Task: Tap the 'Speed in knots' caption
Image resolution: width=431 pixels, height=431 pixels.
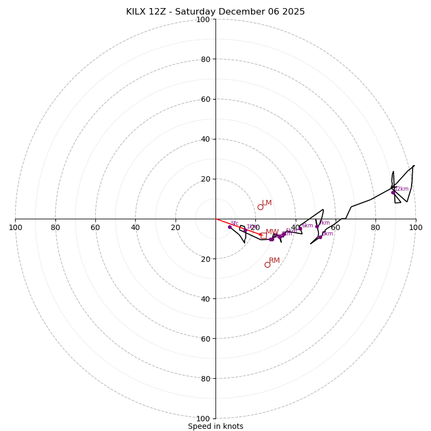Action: coord(215,426)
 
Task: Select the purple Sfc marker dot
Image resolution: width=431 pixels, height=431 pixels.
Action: coord(230,227)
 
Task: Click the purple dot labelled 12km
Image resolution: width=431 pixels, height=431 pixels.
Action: coord(393,192)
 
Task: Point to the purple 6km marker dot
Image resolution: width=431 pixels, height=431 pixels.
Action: coord(300,228)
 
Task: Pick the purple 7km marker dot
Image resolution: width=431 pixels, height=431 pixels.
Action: coord(317,226)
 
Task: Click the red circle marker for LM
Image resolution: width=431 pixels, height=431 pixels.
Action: coord(260,207)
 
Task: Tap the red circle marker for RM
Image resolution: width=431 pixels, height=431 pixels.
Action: coord(267,265)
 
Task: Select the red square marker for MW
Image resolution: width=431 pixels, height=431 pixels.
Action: coord(263,235)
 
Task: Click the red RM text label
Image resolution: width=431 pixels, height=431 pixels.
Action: coord(274,261)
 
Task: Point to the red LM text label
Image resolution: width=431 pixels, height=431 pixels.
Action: coord(267,203)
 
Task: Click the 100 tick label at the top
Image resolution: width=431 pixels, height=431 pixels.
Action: coord(203,19)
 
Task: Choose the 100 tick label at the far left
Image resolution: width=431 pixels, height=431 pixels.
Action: coord(15,227)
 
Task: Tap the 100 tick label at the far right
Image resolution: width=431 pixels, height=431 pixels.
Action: coord(415,227)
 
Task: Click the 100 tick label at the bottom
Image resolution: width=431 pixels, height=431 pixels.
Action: coord(203,419)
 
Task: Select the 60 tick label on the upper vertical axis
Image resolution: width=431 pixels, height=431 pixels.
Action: coord(205,99)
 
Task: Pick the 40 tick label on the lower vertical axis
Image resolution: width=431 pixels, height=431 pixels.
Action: coord(205,298)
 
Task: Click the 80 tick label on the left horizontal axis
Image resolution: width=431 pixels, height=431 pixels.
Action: coord(55,227)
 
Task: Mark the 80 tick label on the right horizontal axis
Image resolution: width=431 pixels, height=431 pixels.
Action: coord(376,227)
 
